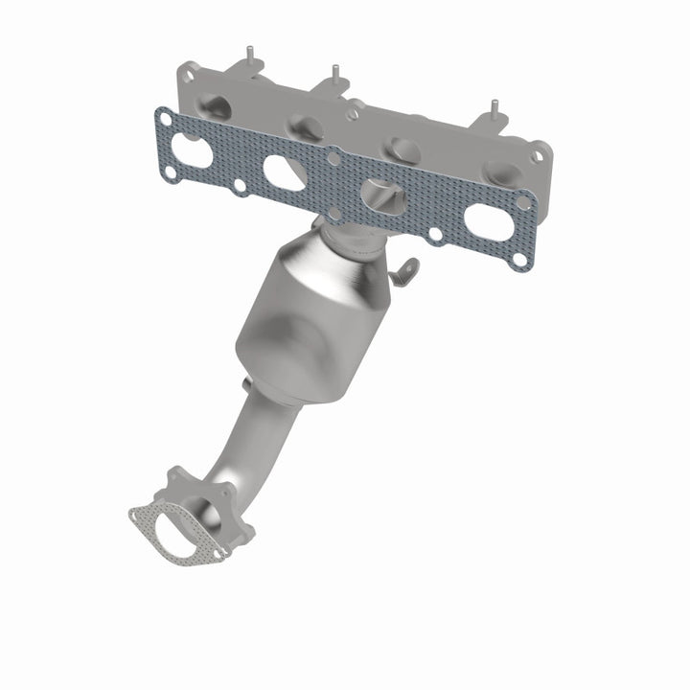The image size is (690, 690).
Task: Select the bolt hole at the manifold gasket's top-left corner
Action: click(x=167, y=119)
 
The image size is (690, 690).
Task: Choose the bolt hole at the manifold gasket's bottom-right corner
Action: click(x=518, y=259)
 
